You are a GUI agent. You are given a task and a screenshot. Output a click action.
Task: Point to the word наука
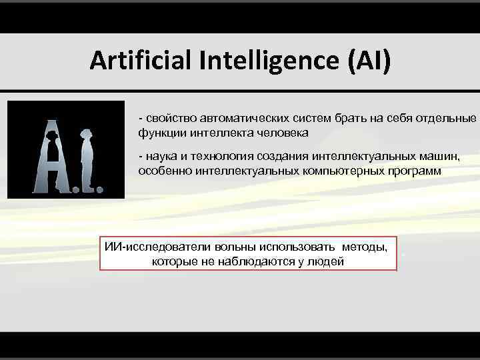click(160, 157)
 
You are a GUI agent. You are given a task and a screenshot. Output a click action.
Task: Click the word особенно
click(163, 171)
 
